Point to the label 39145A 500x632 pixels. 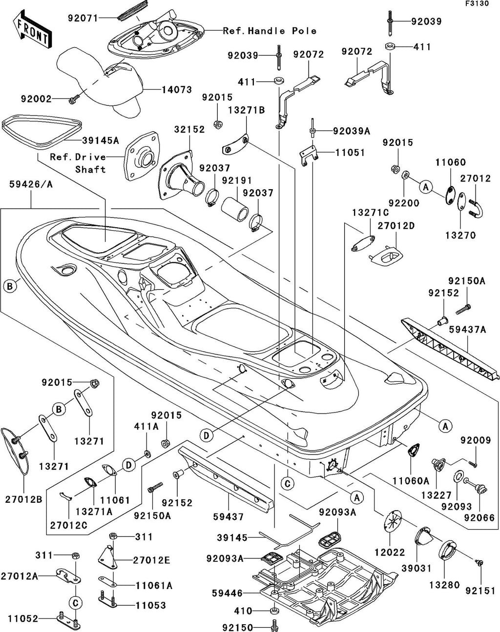click(101, 140)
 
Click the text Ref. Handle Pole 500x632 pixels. click(270, 31)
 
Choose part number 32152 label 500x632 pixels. click(189, 129)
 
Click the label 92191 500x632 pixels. click(237, 180)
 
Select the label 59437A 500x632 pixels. click(467, 330)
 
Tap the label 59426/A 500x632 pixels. click(31, 184)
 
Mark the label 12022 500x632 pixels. click(390, 552)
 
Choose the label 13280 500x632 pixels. click(444, 585)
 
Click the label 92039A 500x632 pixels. click(351, 131)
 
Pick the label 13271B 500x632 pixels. click(247, 110)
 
